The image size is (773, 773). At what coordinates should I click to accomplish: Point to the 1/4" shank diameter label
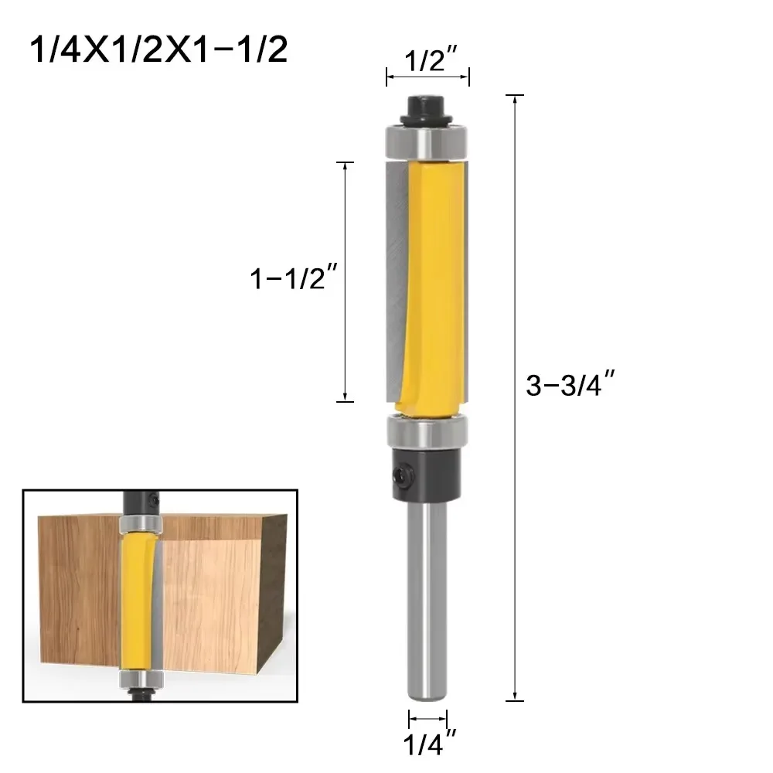click(427, 747)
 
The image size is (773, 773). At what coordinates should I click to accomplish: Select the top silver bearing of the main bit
click(427, 141)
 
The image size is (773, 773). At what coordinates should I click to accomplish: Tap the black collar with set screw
click(427, 472)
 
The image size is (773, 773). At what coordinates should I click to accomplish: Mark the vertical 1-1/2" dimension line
click(346, 282)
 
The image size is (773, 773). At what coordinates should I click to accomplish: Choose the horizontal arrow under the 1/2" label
click(427, 77)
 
